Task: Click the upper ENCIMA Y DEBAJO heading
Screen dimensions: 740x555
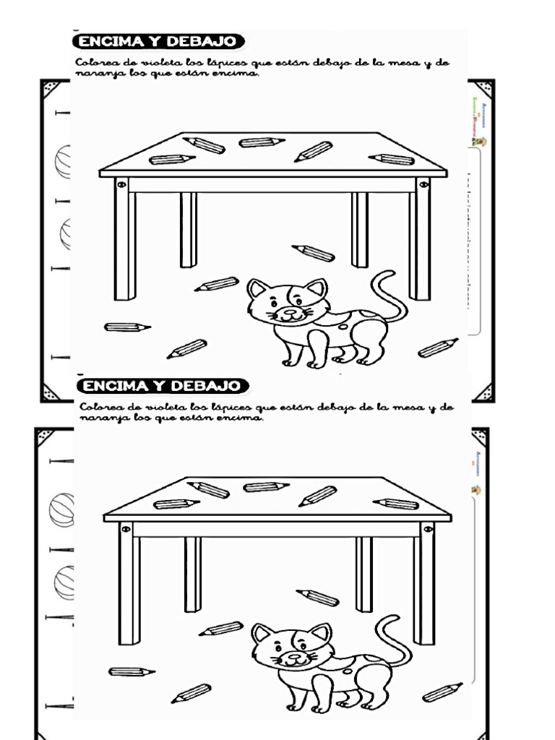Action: pyautogui.click(x=160, y=42)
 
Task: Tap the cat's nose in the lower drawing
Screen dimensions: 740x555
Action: pyautogui.click(x=295, y=657)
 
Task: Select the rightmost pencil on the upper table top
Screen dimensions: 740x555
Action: pyautogui.click(x=391, y=159)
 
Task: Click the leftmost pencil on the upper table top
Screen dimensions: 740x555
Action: pyautogui.click(x=172, y=159)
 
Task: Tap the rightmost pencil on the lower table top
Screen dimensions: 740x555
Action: pyautogui.click(x=396, y=504)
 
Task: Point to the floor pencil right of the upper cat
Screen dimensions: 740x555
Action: pyautogui.click(x=438, y=348)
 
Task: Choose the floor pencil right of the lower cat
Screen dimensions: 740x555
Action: pyautogui.click(x=442, y=692)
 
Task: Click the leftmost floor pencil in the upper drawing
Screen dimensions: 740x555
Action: pyautogui.click(x=127, y=327)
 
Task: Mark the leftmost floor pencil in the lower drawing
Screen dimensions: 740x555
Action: pyautogui.click(x=132, y=672)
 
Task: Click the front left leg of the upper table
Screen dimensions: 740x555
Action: pyautogui.click(x=125, y=242)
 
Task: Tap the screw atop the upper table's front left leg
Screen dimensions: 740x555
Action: pyautogui.click(x=121, y=185)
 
